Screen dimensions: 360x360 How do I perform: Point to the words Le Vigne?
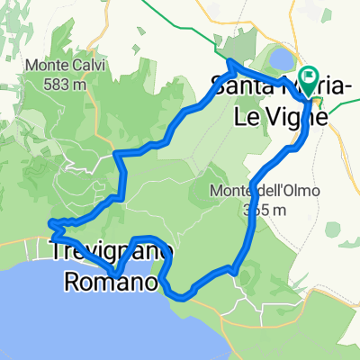[277, 115]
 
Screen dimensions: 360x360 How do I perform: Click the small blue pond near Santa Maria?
[280, 59]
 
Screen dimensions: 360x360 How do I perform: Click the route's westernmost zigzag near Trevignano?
[51, 221]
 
